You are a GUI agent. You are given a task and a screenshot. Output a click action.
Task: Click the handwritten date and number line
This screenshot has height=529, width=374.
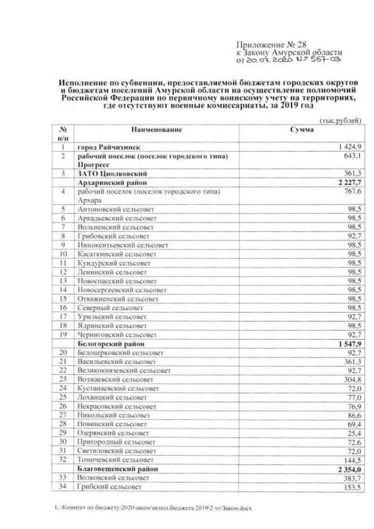(287, 60)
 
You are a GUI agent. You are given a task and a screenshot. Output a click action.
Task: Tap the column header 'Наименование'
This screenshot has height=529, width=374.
(157, 129)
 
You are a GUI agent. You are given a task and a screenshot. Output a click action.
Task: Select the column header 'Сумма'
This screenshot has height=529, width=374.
(302, 129)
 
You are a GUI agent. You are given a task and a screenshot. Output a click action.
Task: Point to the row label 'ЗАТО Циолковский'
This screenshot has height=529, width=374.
(112, 174)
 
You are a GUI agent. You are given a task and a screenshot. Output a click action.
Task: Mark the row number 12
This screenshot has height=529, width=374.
(61, 272)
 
